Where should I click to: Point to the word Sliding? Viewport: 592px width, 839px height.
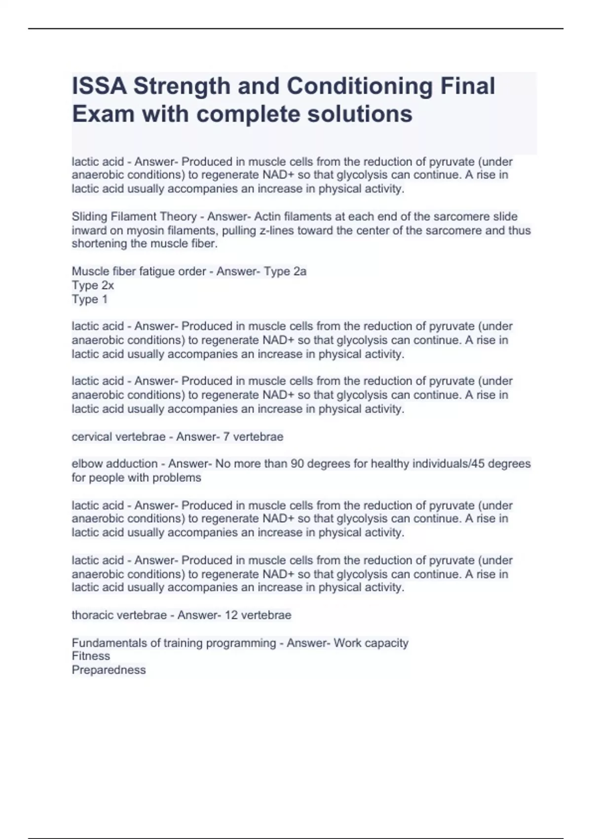click(89, 217)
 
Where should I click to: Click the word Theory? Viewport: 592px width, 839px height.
click(178, 217)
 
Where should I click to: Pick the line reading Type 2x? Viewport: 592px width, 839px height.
click(93, 285)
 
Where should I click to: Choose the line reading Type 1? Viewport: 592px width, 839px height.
click(89, 299)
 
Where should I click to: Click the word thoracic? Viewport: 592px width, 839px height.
click(92, 615)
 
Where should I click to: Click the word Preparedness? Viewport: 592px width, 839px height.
click(109, 670)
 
